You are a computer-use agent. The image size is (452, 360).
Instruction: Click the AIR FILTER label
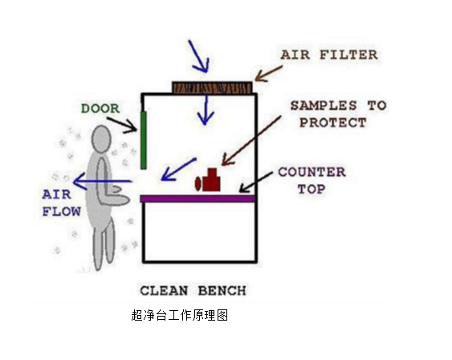(x=329, y=55)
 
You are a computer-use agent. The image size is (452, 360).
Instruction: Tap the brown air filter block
(x=213, y=88)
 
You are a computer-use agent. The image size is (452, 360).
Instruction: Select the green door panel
(x=144, y=140)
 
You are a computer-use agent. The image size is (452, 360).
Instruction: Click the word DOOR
(x=100, y=108)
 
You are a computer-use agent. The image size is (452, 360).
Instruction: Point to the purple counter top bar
(x=198, y=198)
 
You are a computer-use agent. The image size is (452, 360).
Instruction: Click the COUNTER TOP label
(x=312, y=181)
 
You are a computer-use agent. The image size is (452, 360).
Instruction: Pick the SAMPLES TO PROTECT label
(x=338, y=114)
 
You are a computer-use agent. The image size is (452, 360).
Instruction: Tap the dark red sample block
(x=211, y=180)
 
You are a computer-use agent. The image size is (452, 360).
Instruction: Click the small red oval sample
(x=198, y=184)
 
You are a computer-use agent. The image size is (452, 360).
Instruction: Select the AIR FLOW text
(x=61, y=202)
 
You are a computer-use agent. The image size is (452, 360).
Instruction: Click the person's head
(x=101, y=139)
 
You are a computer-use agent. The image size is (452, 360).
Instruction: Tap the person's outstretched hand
(x=116, y=189)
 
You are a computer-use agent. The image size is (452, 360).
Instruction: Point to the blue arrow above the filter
(x=198, y=56)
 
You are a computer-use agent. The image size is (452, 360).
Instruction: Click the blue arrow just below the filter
(x=206, y=110)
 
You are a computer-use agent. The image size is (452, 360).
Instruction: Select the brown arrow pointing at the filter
(x=268, y=74)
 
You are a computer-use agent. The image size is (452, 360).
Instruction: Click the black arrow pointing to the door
(x=123, y=125)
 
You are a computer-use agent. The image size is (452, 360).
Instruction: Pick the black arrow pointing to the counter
(x=256, y=182)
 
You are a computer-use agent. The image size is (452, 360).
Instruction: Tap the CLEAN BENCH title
(x=193, y=290)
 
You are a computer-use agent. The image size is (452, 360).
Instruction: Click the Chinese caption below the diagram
(x=180, y=315)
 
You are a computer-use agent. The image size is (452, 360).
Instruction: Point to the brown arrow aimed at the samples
(x=251, y=141)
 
